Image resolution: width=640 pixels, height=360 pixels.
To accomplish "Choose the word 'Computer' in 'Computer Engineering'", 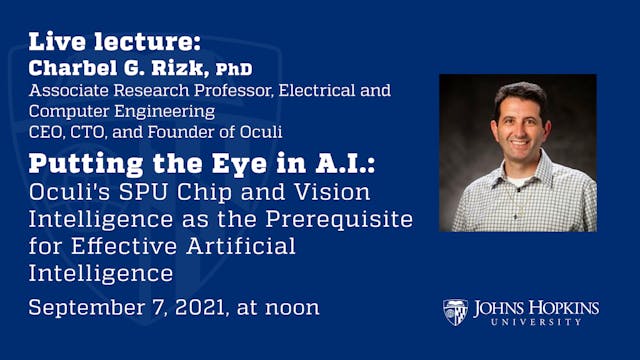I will [x=66, y=109].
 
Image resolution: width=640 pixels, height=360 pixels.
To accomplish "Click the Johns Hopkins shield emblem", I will [x=455, y=311].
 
